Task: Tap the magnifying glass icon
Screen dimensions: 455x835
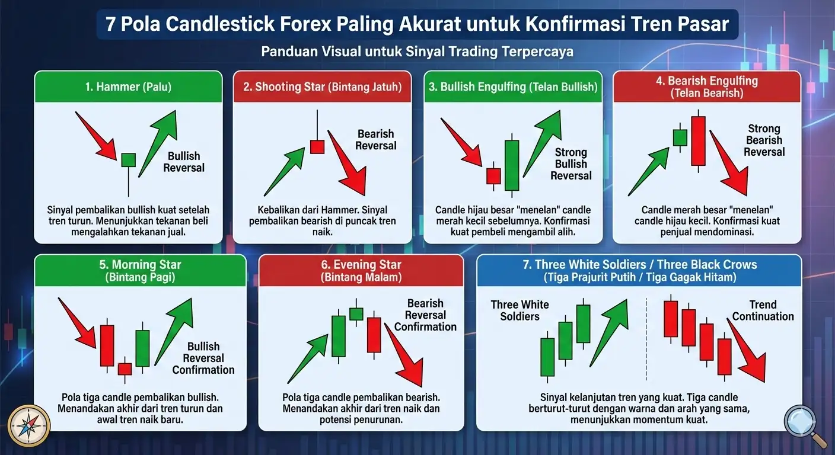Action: pos(804,424)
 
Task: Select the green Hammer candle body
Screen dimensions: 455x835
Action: pos(128,160)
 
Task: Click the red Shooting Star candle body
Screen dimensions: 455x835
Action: pos(317,146)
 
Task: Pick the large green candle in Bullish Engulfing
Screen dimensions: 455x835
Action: pos(512,165)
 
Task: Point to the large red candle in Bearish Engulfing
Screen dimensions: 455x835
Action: pos(698,141)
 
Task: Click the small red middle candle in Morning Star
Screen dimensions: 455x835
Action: pos(125,369)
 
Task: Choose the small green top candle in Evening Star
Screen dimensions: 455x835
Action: pos(356,314)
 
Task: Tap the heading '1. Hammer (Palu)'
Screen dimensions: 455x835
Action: pos(128,86)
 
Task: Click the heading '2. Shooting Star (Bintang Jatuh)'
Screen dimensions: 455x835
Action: pos(322,86)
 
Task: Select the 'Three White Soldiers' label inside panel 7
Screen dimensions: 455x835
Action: pos(520,310)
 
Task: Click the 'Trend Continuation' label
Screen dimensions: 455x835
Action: pos(763,310)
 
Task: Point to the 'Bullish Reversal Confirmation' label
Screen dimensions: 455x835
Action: pos(203,358)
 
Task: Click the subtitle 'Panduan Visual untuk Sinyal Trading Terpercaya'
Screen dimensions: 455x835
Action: pos(417,52)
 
